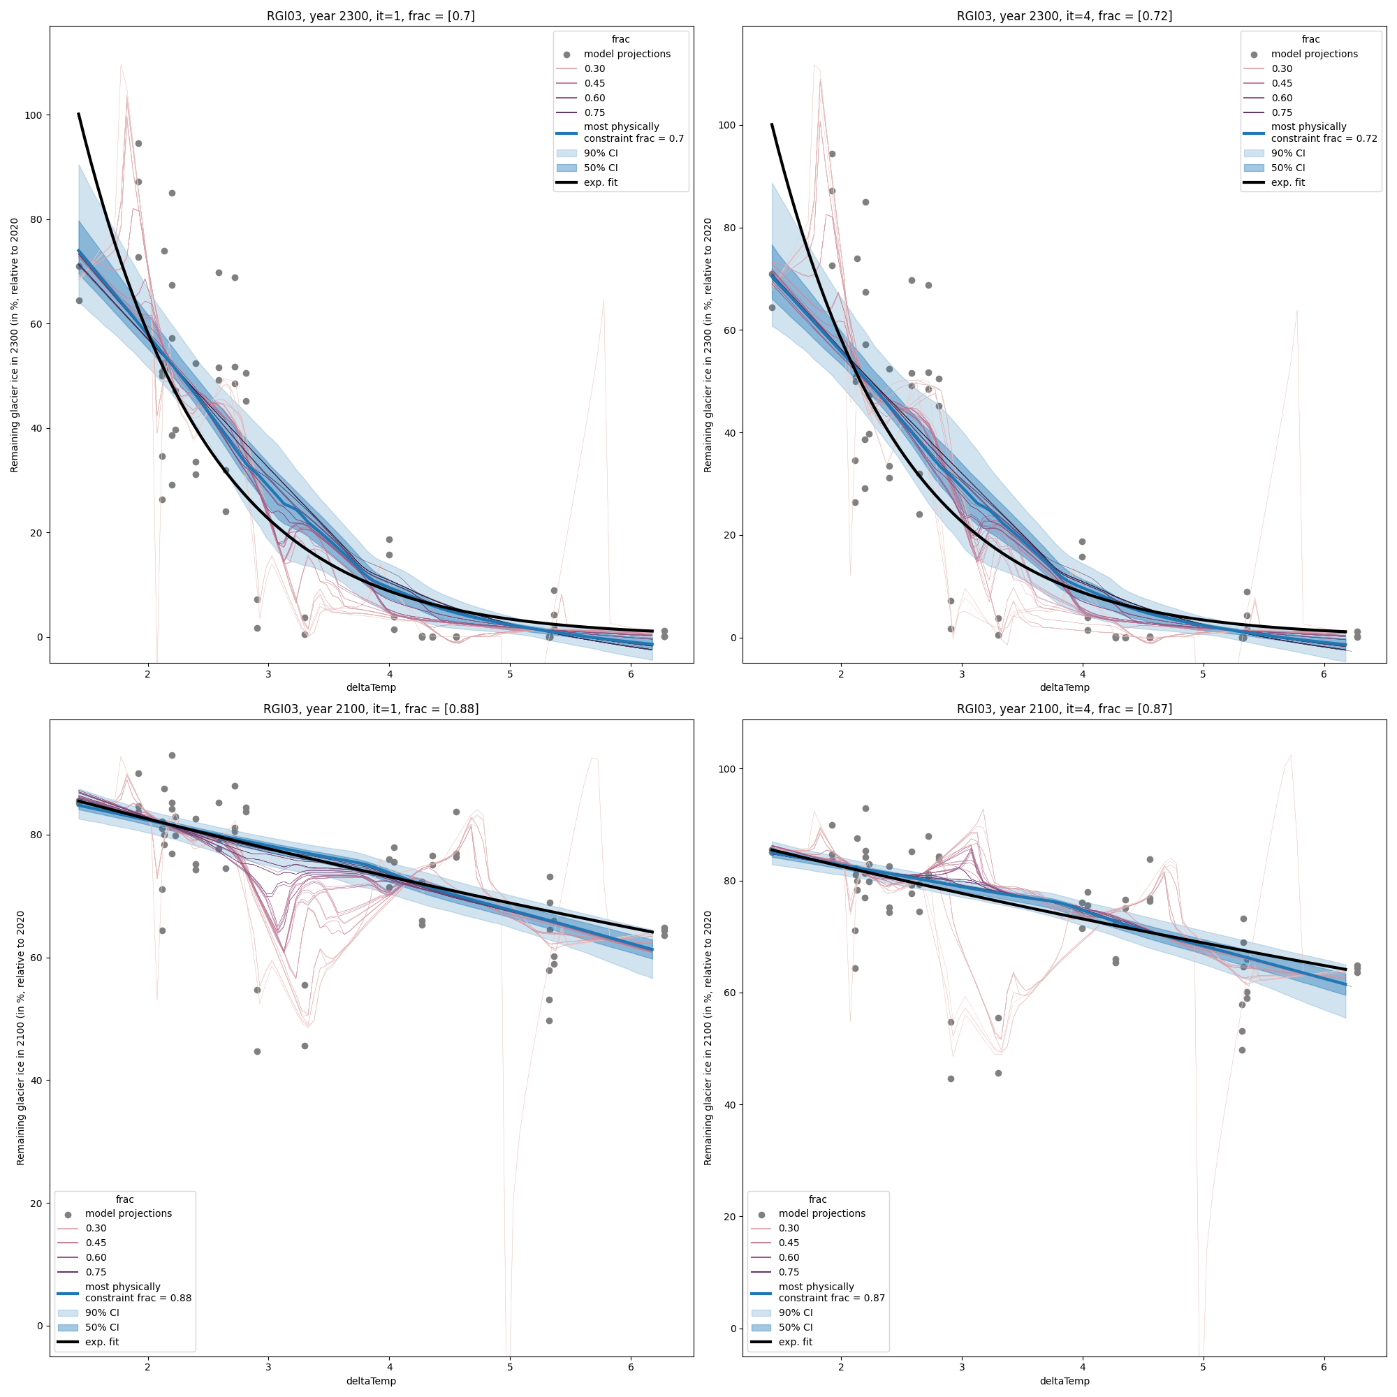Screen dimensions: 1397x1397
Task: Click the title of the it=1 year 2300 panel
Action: pyautogui.click(x=371, y=16)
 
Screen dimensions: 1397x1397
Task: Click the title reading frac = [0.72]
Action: pyautogui.click(x=1065, y=16)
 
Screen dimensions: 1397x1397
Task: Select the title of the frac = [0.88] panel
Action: pyautogui.click(x=371, y=710)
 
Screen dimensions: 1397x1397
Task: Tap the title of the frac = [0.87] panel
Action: pyautogui.click(x=1065, y=710)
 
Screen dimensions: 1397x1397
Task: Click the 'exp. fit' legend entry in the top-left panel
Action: pyautogui.click(x=600, y=182)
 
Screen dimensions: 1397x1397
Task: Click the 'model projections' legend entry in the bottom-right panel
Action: pyautogui.click(x=821, y=1213)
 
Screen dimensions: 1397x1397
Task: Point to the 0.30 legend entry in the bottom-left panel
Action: pyautogui.click(x=96, y=1228)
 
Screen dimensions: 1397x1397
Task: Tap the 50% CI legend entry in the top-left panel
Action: pyautogui.click(x=600, y=168)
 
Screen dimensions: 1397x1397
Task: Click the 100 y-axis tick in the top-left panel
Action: pyautogui.click(x=34, y=116)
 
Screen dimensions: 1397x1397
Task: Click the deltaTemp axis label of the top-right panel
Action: pyautogui.click(x=1065, y=687)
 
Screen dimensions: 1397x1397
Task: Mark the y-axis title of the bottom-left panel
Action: pyautogui.click(x=20, y=1038)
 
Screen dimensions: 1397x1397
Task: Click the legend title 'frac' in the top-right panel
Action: pyautogui.click(x=1310, y=40)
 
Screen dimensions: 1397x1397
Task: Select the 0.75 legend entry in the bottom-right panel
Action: pyautogui.click(x=789, y=1272)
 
